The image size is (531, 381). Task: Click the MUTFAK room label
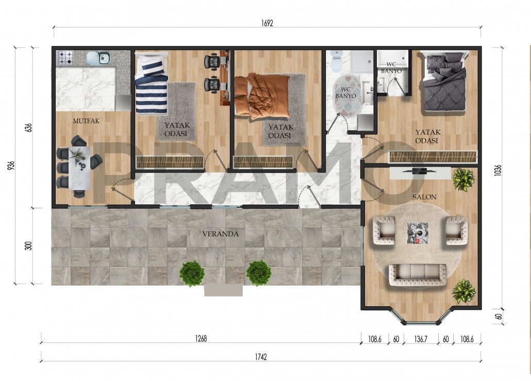pyautogui.click(x=86, y=121)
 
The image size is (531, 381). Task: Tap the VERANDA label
pyautogui.click(x=221, y=234)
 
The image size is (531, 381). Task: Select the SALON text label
pyautogui.click(x=424, y=197)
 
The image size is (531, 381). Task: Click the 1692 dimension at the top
pyautogui.click(x=267, y=23)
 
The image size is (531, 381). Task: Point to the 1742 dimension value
pyautogui.click(x=261, y=357)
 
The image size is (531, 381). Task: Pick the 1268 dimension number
pyautogui.click(x=201, y=338)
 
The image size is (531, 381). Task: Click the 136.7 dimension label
pyautogui.click(x=421, y=339)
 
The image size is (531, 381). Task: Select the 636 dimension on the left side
pyautogui.click(x=28, y=127)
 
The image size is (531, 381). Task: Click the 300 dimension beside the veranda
pyautogui.click(x=28, y=246)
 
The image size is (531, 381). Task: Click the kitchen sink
pyautogui.click(x=98, y=58)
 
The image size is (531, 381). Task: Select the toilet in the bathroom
pyautogui.click(x=337, y=61)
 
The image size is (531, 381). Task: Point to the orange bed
pyautogui.click(x=262, y=96)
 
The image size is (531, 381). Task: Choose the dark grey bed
pyautogui.click(x=443, y=81)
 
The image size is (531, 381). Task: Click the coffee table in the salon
pyautogui.click(x=418, y=233)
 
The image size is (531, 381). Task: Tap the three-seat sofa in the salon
pyautogui.click(x=417, y=275)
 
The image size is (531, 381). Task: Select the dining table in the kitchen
pyautogui.click(x=79, y=168)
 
